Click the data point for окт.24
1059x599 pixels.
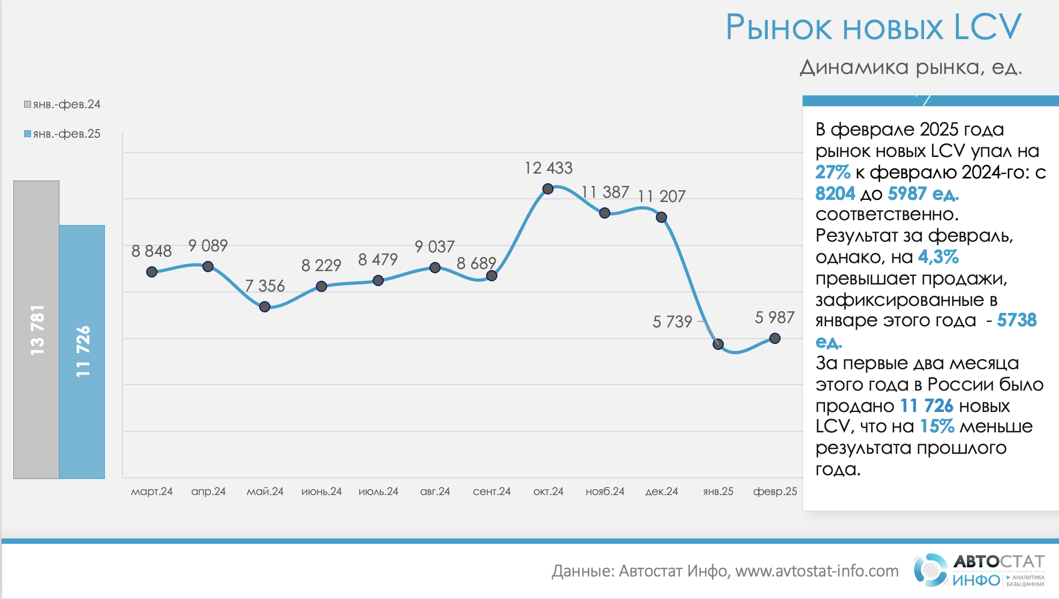pos(548,189)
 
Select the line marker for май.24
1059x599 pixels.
pos(264,307)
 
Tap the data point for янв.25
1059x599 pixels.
pos(718,344)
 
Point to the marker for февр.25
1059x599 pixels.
pos(775,338)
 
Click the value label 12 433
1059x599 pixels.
pos(548,168)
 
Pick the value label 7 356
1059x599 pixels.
pos(265,286)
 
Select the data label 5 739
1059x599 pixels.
pos(672,321)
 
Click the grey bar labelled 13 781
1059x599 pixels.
pos(36,330)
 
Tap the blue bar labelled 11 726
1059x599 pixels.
pos(82,351)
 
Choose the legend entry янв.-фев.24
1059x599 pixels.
pos(62,104)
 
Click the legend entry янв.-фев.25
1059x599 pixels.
pos(62,134)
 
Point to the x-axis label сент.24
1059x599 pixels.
pos(491,491)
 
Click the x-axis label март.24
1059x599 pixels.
pos(152,491)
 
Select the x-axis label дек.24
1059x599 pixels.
pos(661,491)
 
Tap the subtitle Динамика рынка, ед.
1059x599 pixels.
pos(911,68)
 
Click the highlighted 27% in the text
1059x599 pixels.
pos(833,172)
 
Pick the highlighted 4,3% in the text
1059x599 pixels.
pos(938,257)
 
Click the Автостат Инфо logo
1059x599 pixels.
pos(979,570)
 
